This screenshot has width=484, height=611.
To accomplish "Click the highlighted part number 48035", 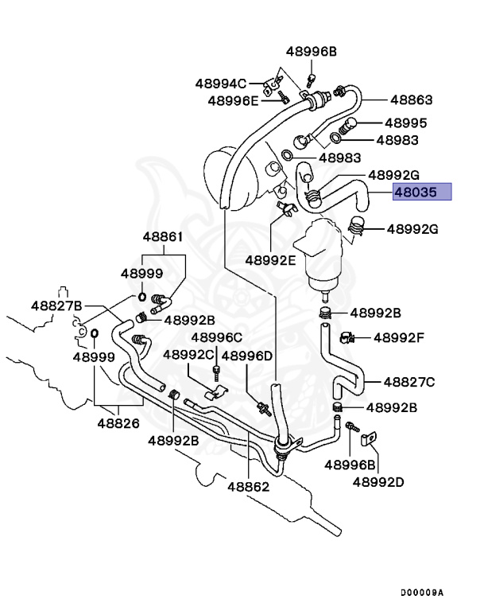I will coord(422,192).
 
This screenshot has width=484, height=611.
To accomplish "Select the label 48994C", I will coord(221,82).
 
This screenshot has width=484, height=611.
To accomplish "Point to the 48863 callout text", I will coord(411,100).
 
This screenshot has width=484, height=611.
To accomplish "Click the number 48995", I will coord(405,123).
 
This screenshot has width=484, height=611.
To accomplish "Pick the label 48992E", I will coord(269,259).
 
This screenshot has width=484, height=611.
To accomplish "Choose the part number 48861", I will coord(163,236).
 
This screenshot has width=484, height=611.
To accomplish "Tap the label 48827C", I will coord(409,382).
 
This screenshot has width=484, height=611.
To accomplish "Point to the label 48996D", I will coord(246,355).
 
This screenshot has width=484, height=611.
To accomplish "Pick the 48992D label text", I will coord(379,481).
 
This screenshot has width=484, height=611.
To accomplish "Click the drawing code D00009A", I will coord(422,593).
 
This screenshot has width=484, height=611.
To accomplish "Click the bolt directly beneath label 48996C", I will coord(215,372).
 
